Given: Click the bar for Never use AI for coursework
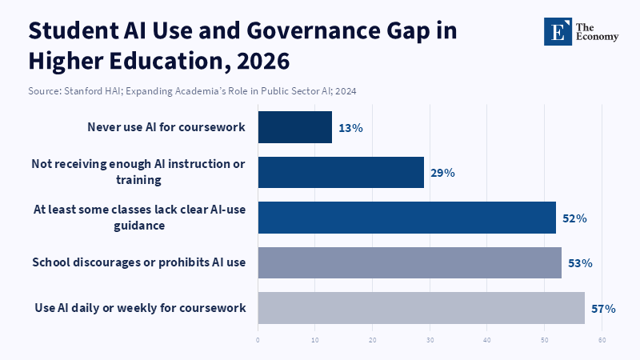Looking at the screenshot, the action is tap(294, 127).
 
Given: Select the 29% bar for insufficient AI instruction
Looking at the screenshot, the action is tap(341, 172).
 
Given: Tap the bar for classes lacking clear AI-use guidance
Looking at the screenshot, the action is tap(407, 218).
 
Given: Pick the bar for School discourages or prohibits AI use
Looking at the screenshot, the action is tap(410, 263).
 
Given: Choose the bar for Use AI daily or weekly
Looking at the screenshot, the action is tap(422, 308).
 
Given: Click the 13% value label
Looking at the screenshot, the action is tap(350, 128).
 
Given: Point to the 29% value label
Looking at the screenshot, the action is tap(443, 173).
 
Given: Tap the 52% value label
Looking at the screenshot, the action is tap(574, 218).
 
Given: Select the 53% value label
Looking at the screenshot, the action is tap(581, 264).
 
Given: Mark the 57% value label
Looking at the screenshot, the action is tap(604, 309).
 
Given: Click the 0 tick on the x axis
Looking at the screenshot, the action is tap(258, 340).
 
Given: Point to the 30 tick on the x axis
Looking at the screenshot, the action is tap(430, 340).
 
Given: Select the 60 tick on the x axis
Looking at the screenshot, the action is tap(602, 340).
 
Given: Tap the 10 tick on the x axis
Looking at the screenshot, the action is tap(315, 340).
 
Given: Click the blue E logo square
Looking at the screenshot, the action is tap(558, 31).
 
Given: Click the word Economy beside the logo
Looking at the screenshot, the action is tap(597, 37).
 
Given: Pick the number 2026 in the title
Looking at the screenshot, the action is tap(263, 62).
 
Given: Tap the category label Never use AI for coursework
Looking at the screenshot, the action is tap(166, 127).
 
